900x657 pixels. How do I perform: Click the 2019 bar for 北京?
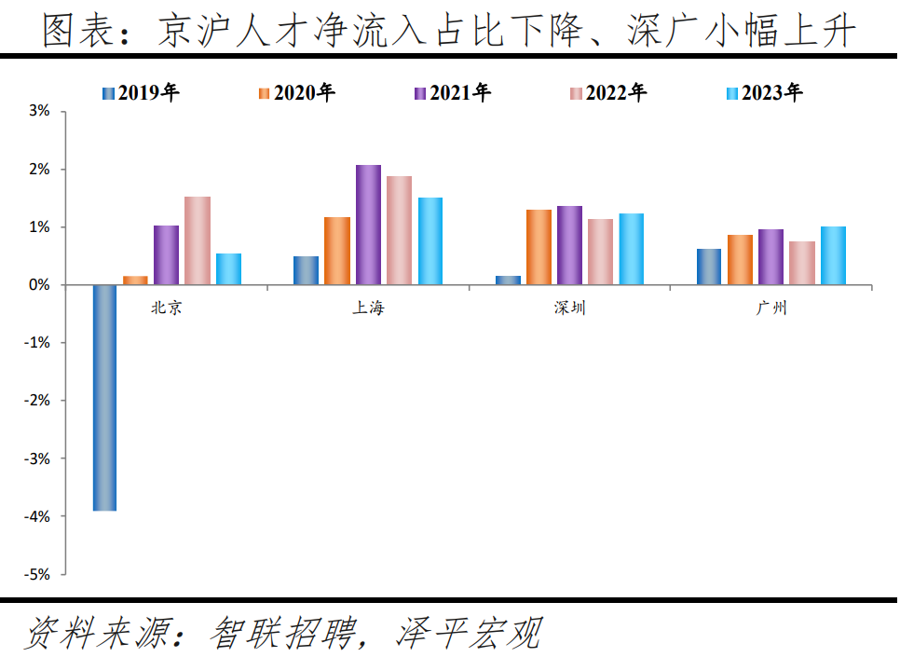104,397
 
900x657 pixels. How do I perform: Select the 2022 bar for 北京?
197,240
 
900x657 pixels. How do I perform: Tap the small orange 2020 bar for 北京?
135,280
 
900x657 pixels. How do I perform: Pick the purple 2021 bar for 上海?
368,225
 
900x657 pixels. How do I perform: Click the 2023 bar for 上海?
430,240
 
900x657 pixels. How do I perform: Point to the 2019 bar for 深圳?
508,280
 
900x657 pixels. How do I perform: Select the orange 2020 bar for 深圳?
539,247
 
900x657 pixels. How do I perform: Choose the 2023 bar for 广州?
833,255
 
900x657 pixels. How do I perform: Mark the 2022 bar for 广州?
802,263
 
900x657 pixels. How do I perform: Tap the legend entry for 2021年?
451,93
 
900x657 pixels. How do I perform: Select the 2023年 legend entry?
763,93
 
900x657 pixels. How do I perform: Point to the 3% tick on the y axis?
38,112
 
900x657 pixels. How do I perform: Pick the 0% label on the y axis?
38,285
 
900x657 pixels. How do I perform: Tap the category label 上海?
367,308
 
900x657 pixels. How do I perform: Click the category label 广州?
771,308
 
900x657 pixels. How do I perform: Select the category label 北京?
167,308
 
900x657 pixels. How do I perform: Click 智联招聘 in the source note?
284,635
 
